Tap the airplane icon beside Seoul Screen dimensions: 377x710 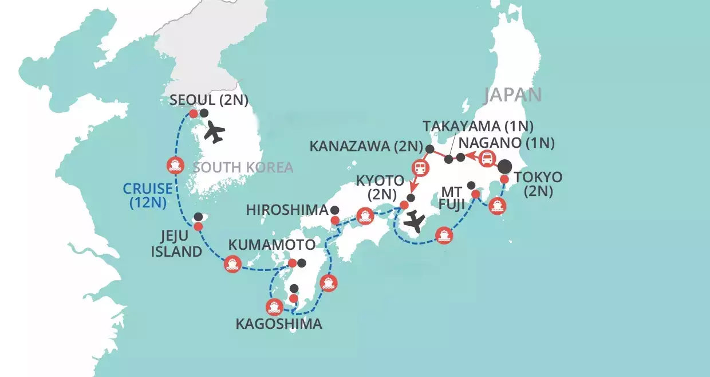coord(214,132)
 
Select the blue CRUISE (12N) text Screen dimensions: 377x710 coord(148,194)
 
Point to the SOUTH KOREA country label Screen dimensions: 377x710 coord(243,167)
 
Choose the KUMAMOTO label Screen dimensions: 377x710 coord(271,245)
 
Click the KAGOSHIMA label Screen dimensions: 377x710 coord(279,324)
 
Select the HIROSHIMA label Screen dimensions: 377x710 coord(287,210)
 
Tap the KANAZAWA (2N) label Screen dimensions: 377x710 coord(365,146)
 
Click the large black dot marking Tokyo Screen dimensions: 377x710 coord(504,167)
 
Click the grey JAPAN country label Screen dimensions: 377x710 coord(512,95)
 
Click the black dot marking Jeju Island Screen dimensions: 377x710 coord(198,217)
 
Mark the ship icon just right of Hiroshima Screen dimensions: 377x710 coord(364,216)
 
